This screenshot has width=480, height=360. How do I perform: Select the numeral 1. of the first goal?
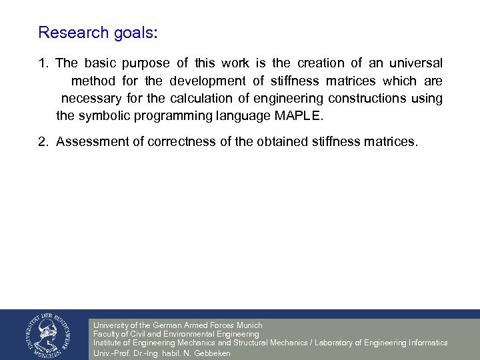(x=43, y=63)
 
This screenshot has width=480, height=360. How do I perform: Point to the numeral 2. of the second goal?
(x=43, y=141)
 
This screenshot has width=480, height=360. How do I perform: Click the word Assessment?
(x=89, y=141)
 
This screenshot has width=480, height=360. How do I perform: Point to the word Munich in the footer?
(x=249, y=325)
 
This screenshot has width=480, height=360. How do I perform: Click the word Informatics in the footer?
(x=424, y=343)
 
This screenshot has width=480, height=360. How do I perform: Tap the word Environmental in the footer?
(x=188, y=334)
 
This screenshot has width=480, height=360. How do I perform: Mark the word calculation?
(x=209, y=98)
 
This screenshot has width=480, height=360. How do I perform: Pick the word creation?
(x=321, y=63)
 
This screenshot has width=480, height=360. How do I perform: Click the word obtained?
(x=289, y=141)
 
